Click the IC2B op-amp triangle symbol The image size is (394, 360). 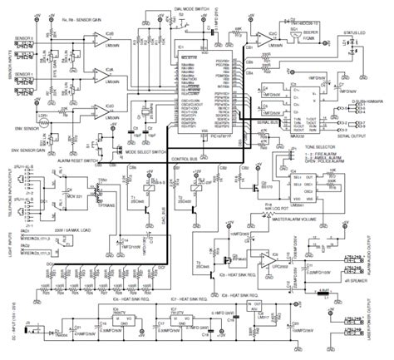point(101,37)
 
